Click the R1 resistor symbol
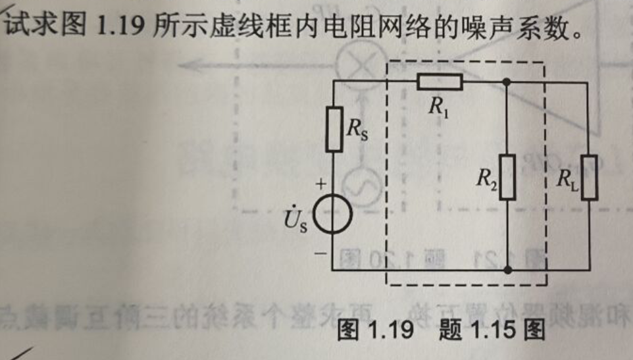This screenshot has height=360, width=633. click(440, 82)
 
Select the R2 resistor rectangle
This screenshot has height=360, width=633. click(507, 176)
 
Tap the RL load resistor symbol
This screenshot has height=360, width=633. click(589, 176)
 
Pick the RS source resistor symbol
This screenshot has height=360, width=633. click(334, 130)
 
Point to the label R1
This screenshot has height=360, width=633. click(438, 107)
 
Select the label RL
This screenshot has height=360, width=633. click(567, 178)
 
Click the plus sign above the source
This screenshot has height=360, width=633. click(320, 186)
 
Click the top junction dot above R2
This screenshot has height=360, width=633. click(507, 82)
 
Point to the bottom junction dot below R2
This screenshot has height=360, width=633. click(507, 269)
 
